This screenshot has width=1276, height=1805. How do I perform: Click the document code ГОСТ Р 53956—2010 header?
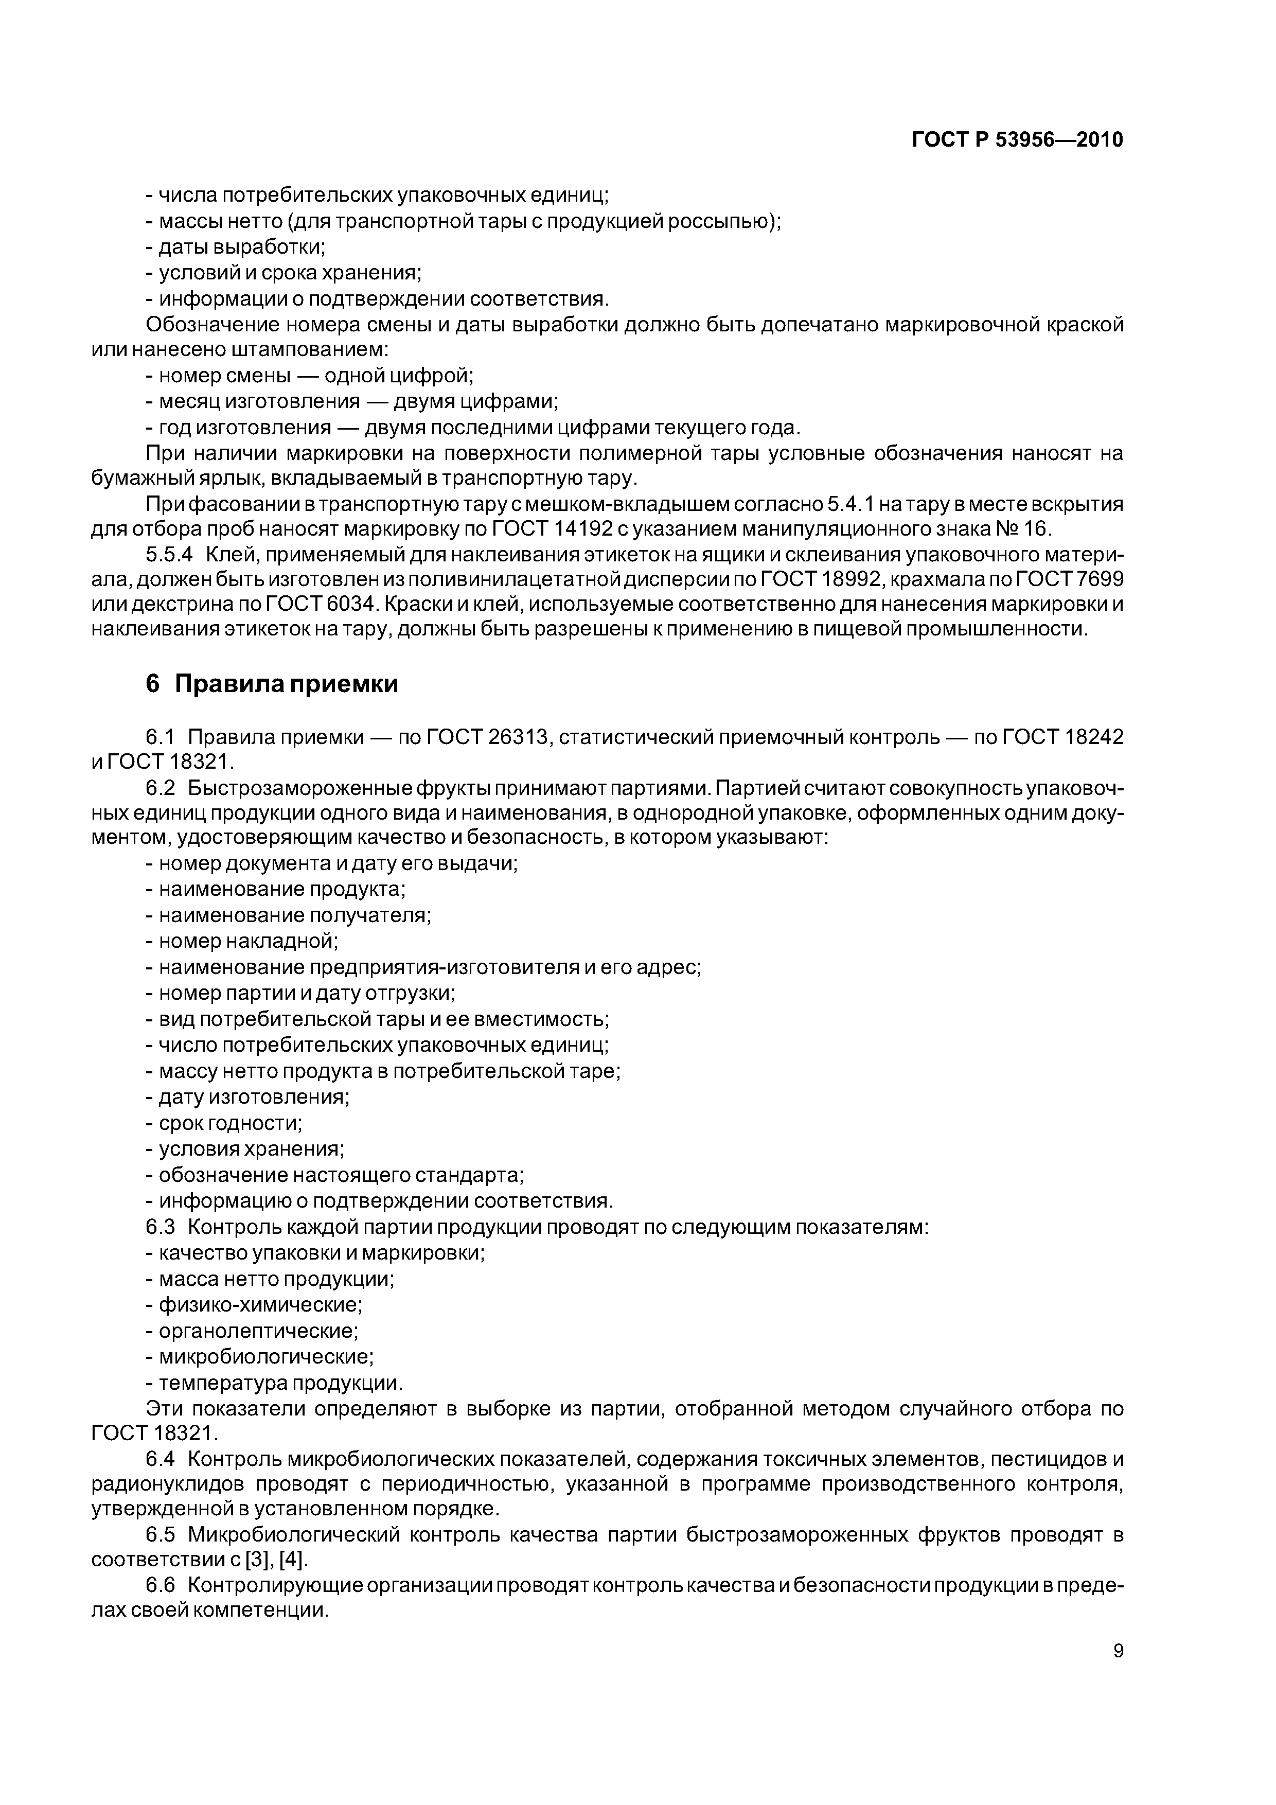[1017, 140]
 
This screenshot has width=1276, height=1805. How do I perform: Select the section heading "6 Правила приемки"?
[272, 684]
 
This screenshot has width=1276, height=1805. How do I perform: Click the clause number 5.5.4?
[169, 554]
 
